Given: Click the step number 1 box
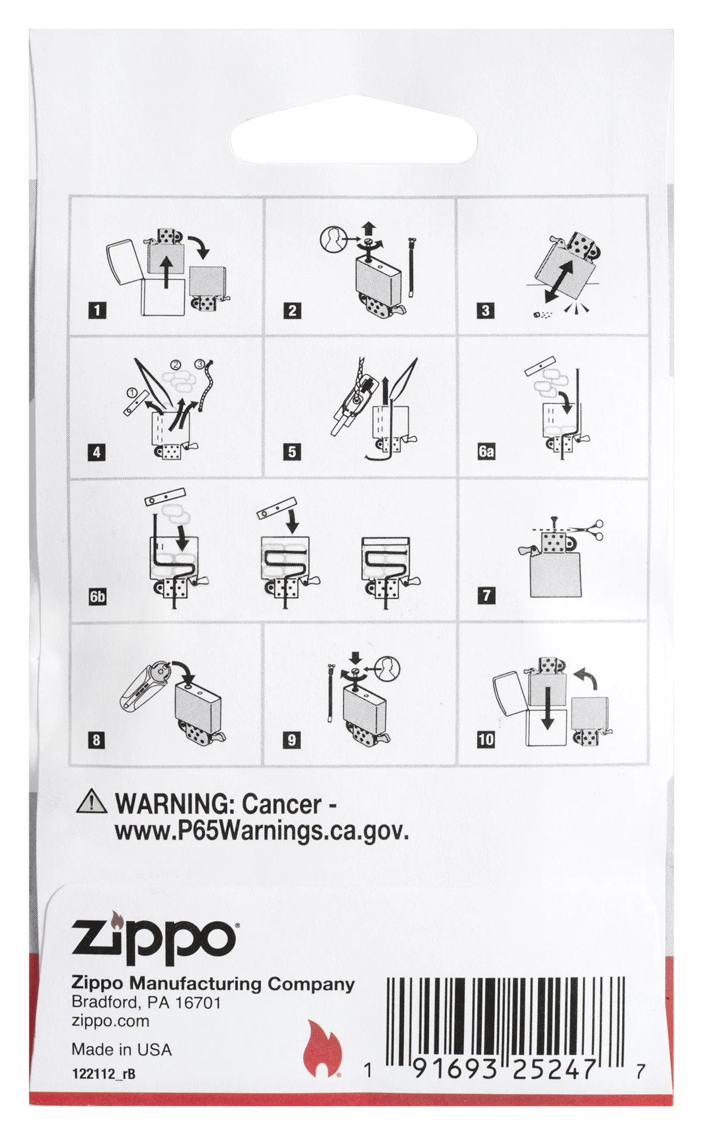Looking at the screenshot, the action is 98,310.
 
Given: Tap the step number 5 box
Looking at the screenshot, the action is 292,452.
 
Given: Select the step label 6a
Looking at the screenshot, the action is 486,452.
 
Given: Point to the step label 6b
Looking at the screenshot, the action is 98,596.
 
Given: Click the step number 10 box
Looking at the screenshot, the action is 486,739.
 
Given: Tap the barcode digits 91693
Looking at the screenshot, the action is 457,1069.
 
